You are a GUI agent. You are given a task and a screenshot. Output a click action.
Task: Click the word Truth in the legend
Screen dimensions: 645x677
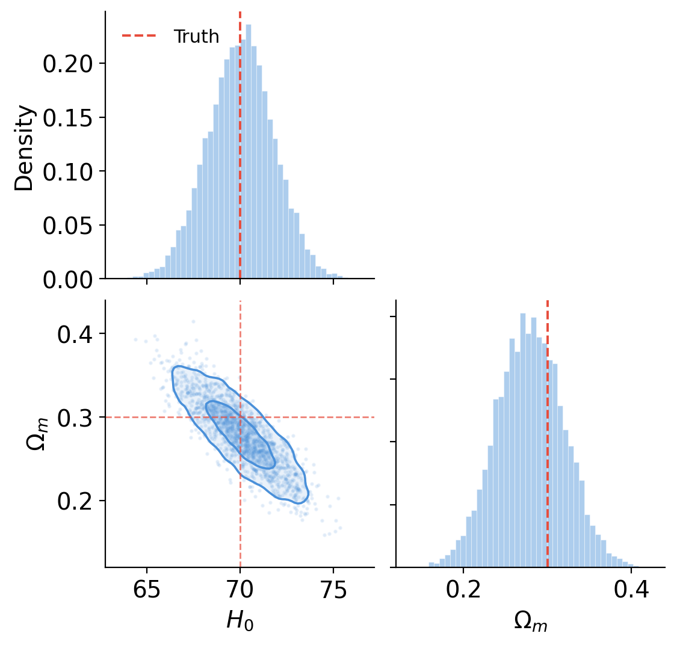[x=196, y=37]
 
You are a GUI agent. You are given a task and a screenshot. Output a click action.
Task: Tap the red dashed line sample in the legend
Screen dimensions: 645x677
[x=139, y=36]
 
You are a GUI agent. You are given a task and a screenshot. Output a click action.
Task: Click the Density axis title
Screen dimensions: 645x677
[x=25, y=147]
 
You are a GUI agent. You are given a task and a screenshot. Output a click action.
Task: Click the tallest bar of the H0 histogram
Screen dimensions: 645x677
[x=249, y=150]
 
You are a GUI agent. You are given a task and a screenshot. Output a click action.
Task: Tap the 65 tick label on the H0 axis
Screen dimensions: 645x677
[x=147, y=591]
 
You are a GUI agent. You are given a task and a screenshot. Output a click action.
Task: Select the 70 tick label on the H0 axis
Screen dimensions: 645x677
[x=240, y=591]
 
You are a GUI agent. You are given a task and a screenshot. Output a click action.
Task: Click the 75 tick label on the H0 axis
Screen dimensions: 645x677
[x=333, y=591]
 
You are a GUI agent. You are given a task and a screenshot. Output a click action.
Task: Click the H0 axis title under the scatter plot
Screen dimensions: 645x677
[x=240, y=621]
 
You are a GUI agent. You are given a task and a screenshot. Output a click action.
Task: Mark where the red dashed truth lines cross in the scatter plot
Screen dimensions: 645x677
[x=240, y=417]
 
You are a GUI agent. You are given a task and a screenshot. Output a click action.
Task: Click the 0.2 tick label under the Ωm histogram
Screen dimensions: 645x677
[x=463, y=591]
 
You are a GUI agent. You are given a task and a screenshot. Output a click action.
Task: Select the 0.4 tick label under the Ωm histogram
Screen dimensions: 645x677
[x=630, y=591]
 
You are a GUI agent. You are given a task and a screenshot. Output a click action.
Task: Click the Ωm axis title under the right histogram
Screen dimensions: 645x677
[x=531, y=621]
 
